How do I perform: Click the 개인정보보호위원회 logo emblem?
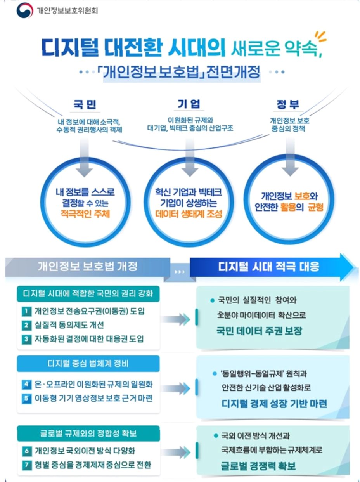click(x=24, y=10)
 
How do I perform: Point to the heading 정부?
click(x=288, y=104)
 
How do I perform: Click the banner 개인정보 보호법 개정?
click(x=87, y=267)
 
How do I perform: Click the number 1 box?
click(x=26, y=311)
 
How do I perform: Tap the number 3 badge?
click(x=26, y=338)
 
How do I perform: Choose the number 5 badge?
click(x=26, y=398)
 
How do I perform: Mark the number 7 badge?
click(x=26, y=465)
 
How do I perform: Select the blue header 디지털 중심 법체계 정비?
click(x=88, y=364)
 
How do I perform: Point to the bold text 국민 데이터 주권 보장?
click(x=259, y=331)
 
